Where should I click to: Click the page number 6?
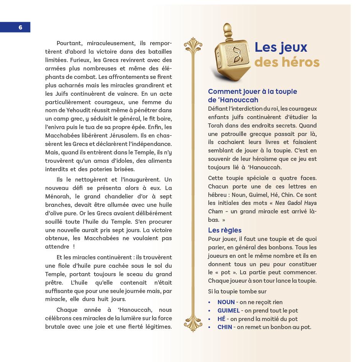click(20, 27)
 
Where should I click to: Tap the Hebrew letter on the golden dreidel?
click(233, 55)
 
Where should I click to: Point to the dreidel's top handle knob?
click(228, 30)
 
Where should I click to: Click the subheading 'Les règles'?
click(224, 230)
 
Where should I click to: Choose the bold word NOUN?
click(226, 302)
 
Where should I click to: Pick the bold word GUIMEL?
click(228, 311)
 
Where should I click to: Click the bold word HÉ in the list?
click(221, 319)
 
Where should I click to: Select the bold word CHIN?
click(225, 327)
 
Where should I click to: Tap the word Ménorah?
click(58, 197)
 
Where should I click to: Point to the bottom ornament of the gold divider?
click(193, 324)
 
